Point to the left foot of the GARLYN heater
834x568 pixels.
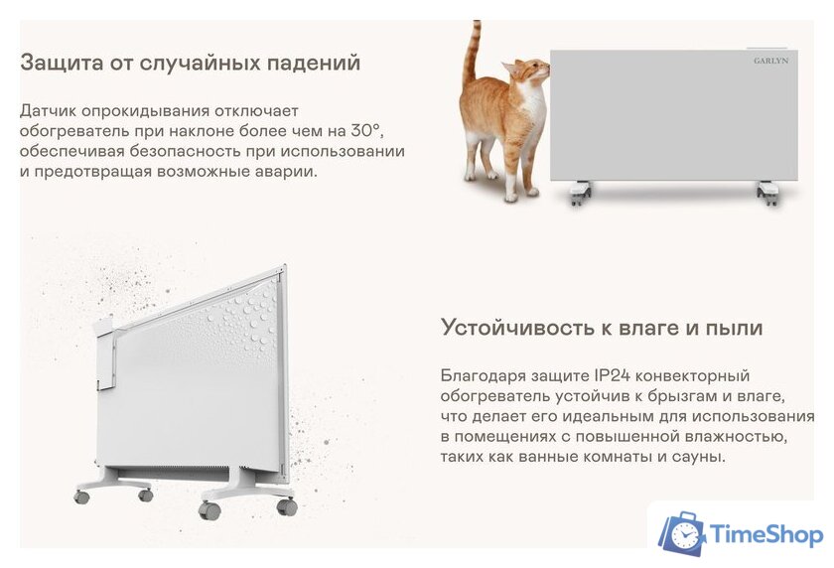[580, 192]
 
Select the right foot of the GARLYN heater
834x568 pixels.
[767, 192]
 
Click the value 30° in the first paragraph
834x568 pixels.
[366, 130]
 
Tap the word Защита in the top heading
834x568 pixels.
[59, 64]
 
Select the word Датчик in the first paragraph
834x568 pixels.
[51, 110]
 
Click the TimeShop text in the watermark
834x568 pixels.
[765, 535]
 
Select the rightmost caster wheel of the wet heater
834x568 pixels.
[286, 506]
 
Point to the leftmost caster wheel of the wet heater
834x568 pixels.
[81, 494]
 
